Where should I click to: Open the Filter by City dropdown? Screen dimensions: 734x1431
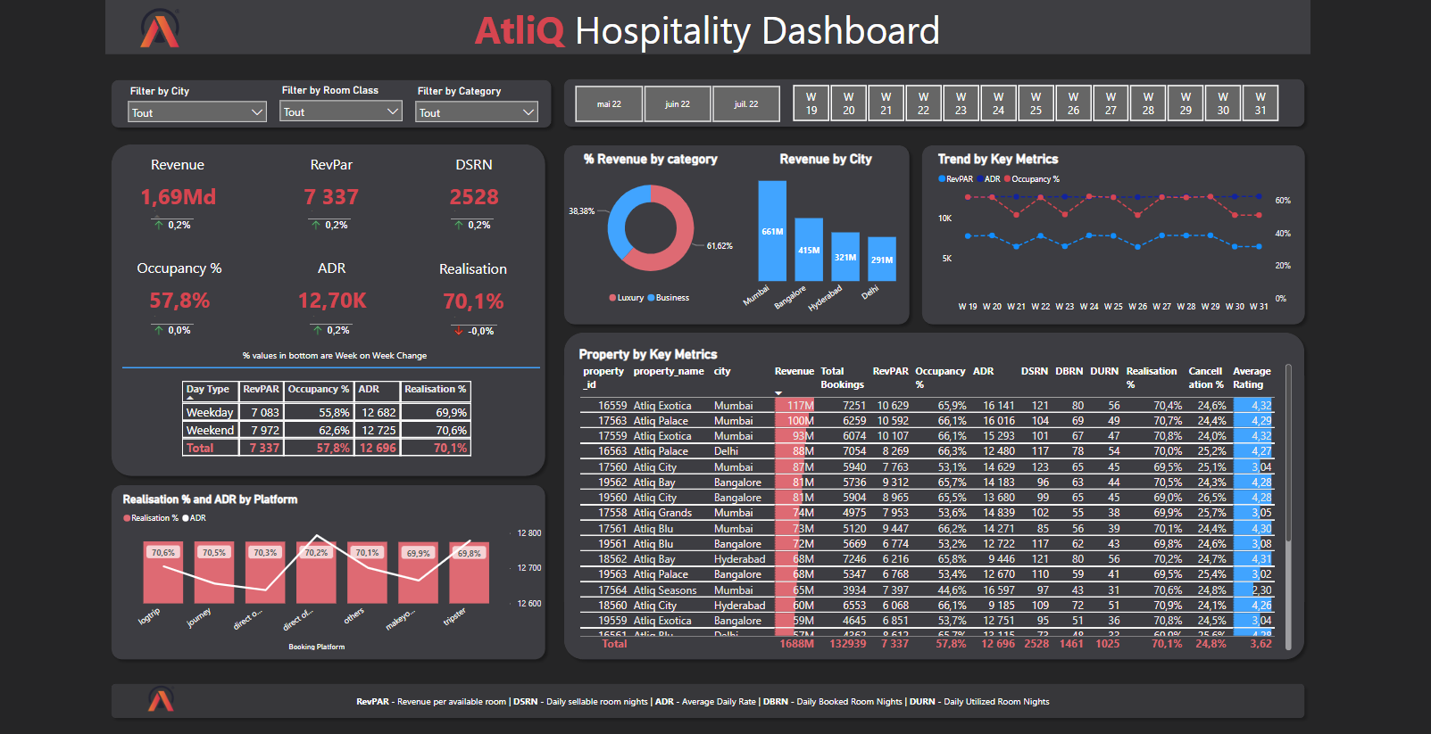point(197,112)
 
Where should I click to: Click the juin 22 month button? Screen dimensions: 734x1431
point(678,104)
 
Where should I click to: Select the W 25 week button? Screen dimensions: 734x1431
point(1036,103)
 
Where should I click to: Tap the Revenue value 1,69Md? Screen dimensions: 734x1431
point(178,197)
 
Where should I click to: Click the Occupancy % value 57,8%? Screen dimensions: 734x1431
point(179,301)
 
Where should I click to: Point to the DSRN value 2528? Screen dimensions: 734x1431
point(473,197)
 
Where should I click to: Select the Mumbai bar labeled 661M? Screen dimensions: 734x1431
point(772,230)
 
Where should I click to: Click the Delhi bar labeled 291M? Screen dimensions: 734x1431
point(881,259)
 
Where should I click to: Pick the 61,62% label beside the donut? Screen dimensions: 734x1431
point(720,246)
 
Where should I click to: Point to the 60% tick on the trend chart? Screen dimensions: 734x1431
point(1282,201)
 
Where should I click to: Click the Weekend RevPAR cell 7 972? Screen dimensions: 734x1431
point(264,430)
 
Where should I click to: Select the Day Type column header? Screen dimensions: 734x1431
point(208,390)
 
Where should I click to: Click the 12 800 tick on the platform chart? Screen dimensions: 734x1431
point(528,533)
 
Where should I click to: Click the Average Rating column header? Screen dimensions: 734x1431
point(1251,377)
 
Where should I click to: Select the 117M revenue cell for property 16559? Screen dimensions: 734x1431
point(798,406)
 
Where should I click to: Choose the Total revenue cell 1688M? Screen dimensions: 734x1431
point(796,644)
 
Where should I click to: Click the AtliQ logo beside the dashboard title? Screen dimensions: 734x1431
point(160,29)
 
